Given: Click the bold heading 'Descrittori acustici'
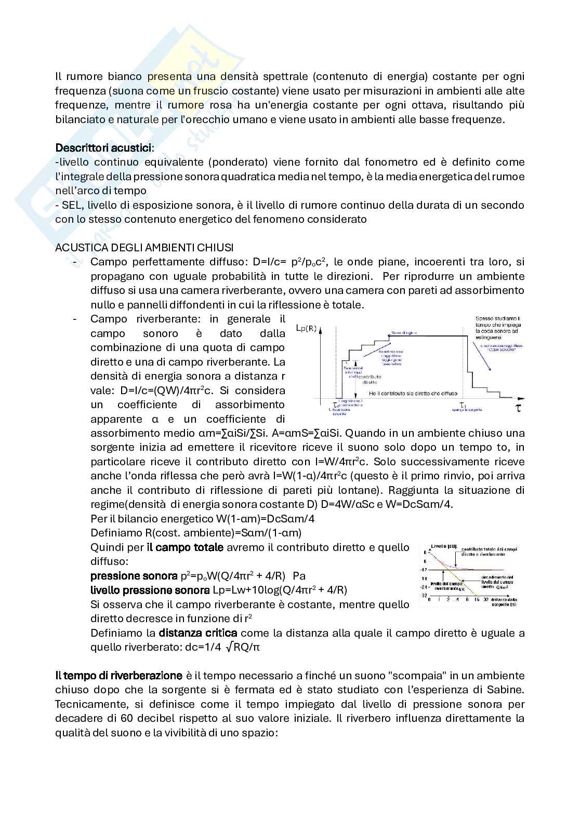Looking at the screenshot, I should coord(104,148).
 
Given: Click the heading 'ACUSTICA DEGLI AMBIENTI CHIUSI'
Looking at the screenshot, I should coord(144,247).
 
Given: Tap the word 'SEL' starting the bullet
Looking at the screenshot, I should coord(70,205).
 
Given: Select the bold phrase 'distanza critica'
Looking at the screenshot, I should coord(197,633).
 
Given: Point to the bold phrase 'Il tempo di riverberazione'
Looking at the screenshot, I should coord(118,676).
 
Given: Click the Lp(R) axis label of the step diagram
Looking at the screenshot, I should coord(306,328).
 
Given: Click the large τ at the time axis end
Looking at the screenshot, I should coord(518,408).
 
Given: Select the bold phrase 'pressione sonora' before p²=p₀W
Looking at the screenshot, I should coord(134,576).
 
